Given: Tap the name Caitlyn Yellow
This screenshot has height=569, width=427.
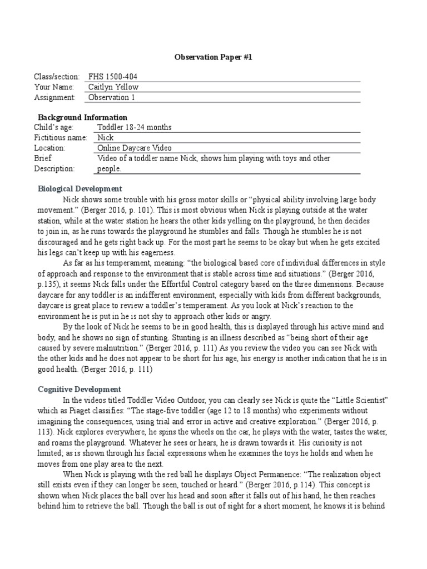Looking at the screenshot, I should (x=113, y=87).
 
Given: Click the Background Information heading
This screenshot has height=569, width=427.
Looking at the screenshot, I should (x=82, y=117).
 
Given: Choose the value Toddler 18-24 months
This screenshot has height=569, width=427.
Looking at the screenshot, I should (x=134, y=127).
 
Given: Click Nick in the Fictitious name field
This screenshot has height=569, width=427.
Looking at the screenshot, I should (x=106, y=137).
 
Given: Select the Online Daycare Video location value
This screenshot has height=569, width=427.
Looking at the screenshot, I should (x=135, y=148).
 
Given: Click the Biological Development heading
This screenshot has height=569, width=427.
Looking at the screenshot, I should (x=80, y=189).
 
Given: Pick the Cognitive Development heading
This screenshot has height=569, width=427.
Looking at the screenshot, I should (x=80, y=390).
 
